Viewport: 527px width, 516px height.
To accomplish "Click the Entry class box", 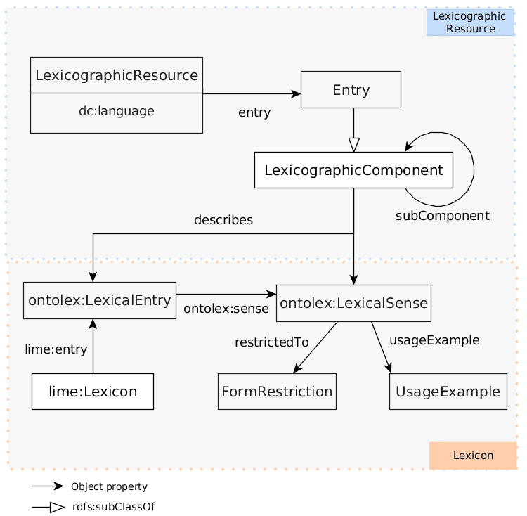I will pyautogui.click(x=351, y=89).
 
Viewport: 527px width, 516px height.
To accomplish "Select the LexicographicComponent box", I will pyautogui.click(x=353, y=170).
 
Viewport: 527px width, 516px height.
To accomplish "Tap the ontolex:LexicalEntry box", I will pyautogui.click(x=99, y=301).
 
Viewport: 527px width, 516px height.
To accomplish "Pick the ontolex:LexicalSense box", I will pyautogui.click(x=353, y=303).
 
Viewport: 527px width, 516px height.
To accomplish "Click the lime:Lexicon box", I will pyautogui.click(x=92, y=392).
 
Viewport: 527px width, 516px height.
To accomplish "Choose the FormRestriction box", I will pyautogui.click(x=277, y=392).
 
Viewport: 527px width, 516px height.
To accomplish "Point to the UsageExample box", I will pyautogui.click(x=448, y=392).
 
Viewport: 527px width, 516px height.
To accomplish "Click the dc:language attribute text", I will pyautogui.click(x=116, y=111).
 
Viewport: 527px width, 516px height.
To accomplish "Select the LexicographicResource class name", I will pyautogui.click(x=116, y=75).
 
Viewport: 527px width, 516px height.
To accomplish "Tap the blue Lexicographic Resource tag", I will pyautogui.click(x=470, y=22).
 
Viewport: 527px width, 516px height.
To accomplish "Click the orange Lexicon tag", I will pyautogui.click(x=473, y=456).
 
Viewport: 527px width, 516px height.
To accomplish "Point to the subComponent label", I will pyautogui.click(x=442, y=216).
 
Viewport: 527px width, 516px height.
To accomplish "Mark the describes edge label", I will pyautogui.click(x=223, y=220).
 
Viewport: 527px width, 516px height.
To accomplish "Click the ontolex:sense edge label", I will pyautogui.click(x=226, y=309).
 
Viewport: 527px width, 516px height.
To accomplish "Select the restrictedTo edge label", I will pyautogui.click(x=271, y=342).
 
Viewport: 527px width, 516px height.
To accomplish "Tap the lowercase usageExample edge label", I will pyautogui.click(x=434, y=340).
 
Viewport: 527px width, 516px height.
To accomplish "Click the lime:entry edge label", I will pyautogui.click(x=56, y=349).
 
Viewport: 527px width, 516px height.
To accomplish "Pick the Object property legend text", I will pyautogui.click(x=109, y=486).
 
